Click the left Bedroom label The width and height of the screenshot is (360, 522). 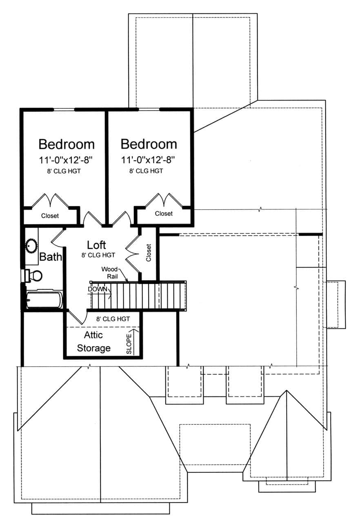(67, 144)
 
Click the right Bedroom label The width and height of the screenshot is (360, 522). (149, 144)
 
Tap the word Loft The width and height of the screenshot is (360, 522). (96, 245)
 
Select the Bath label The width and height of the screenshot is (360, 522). (51, 257)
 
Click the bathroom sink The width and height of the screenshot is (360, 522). (31, 245)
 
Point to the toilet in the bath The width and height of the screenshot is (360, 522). (34, 276)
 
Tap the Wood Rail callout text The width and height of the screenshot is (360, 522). (110, 272)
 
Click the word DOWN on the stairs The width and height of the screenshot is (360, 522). (97, 289)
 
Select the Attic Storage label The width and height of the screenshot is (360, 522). (93, 342)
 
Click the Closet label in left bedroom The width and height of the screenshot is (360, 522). (50, 216)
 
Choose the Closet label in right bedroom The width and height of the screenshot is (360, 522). (164, 214)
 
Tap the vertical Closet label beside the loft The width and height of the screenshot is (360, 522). (149, 253)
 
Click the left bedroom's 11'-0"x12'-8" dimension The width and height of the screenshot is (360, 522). (67, 160)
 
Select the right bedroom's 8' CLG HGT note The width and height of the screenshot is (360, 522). (146, 171)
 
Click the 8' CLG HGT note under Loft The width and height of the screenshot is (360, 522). (98, 255)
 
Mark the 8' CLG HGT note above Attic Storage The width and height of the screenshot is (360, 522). (113, 319)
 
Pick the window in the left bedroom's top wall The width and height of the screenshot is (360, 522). (64, 109)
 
